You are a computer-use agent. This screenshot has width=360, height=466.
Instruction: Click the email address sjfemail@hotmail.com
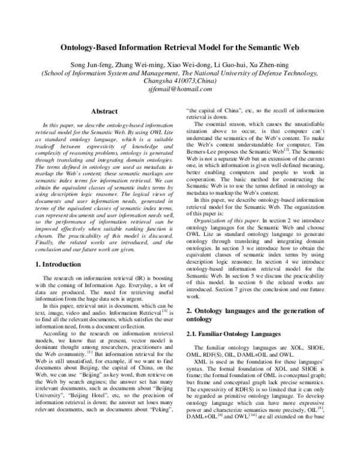coord(180,88)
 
